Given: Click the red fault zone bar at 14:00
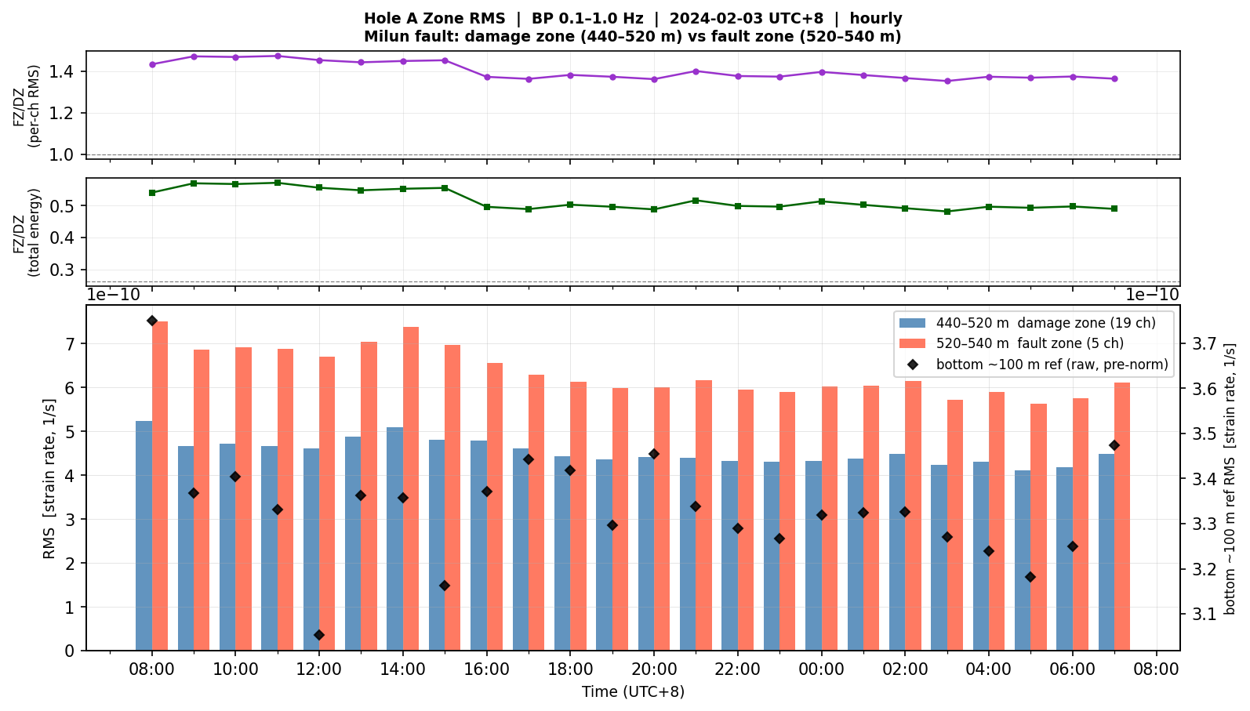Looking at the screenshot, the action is [411, 488].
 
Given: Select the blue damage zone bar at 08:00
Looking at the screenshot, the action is [144, 536].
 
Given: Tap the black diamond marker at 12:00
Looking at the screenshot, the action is [319, 635].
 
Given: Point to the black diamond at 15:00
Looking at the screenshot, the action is [445, 586].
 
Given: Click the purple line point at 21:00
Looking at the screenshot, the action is [696, 71].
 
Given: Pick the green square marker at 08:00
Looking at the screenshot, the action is [152, 193].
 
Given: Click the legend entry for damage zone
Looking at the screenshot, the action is [1027, 323].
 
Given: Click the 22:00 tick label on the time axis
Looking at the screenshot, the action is [738, 669].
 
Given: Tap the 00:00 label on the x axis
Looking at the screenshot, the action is [821, 669].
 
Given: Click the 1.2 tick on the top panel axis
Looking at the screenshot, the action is [61, 113].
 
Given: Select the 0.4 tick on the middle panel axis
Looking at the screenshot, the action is [61, 238].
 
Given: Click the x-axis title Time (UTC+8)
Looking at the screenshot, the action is [633, 692].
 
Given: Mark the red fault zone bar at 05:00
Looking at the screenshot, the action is [1038, 527].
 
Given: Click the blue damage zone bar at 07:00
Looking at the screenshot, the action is [1106, 552].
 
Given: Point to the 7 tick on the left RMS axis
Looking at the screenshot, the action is [70, 344].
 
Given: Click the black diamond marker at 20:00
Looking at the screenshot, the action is [654, 454].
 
